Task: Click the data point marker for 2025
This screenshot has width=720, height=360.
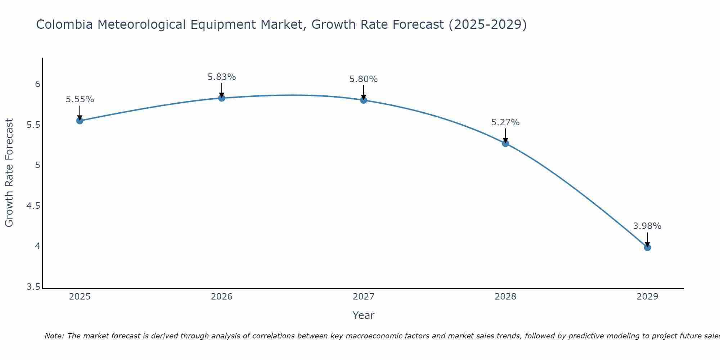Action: pyautogui.click(x=80, y=121)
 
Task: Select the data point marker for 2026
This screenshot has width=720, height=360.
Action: pyautogui.click(x=222, y=98)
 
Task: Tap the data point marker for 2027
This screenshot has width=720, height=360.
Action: pyautogui.click(x=364, y=100)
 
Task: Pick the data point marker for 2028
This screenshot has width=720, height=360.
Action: pyautogui.click(x=505, y=143)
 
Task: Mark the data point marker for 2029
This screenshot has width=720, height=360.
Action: pyautogui.click(x=647, y=247)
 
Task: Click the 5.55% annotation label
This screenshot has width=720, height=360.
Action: pyautogui.click(x=80, y=99)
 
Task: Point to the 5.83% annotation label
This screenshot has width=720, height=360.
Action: pyautogui.click(x=222, y=77)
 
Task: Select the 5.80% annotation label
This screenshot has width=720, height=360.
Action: pyautogui.click(x=364, y=79)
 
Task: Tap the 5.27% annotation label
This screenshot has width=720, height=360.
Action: pyautogui.click(x=505, y=122)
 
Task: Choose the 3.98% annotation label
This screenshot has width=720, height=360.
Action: pyautogui.click(x=647, y=226)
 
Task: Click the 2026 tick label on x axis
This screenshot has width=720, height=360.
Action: pyautogui.click(x=222, y=297)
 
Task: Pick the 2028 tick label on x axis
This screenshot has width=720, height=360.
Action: pyautogui.click(x=505, y=297)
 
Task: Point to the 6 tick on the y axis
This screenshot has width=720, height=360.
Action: pyautogui.click(x=37, y=84)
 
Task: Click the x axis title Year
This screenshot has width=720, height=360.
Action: pyautogui.click(x=364, y=315)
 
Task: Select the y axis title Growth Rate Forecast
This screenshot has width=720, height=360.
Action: pyautogui.click(x=9, y=173)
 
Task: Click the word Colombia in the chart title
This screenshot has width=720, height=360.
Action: pyautogui.click(x=64, y=24)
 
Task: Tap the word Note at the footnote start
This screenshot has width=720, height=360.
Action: pyautogui.click(x=54, y=336)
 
